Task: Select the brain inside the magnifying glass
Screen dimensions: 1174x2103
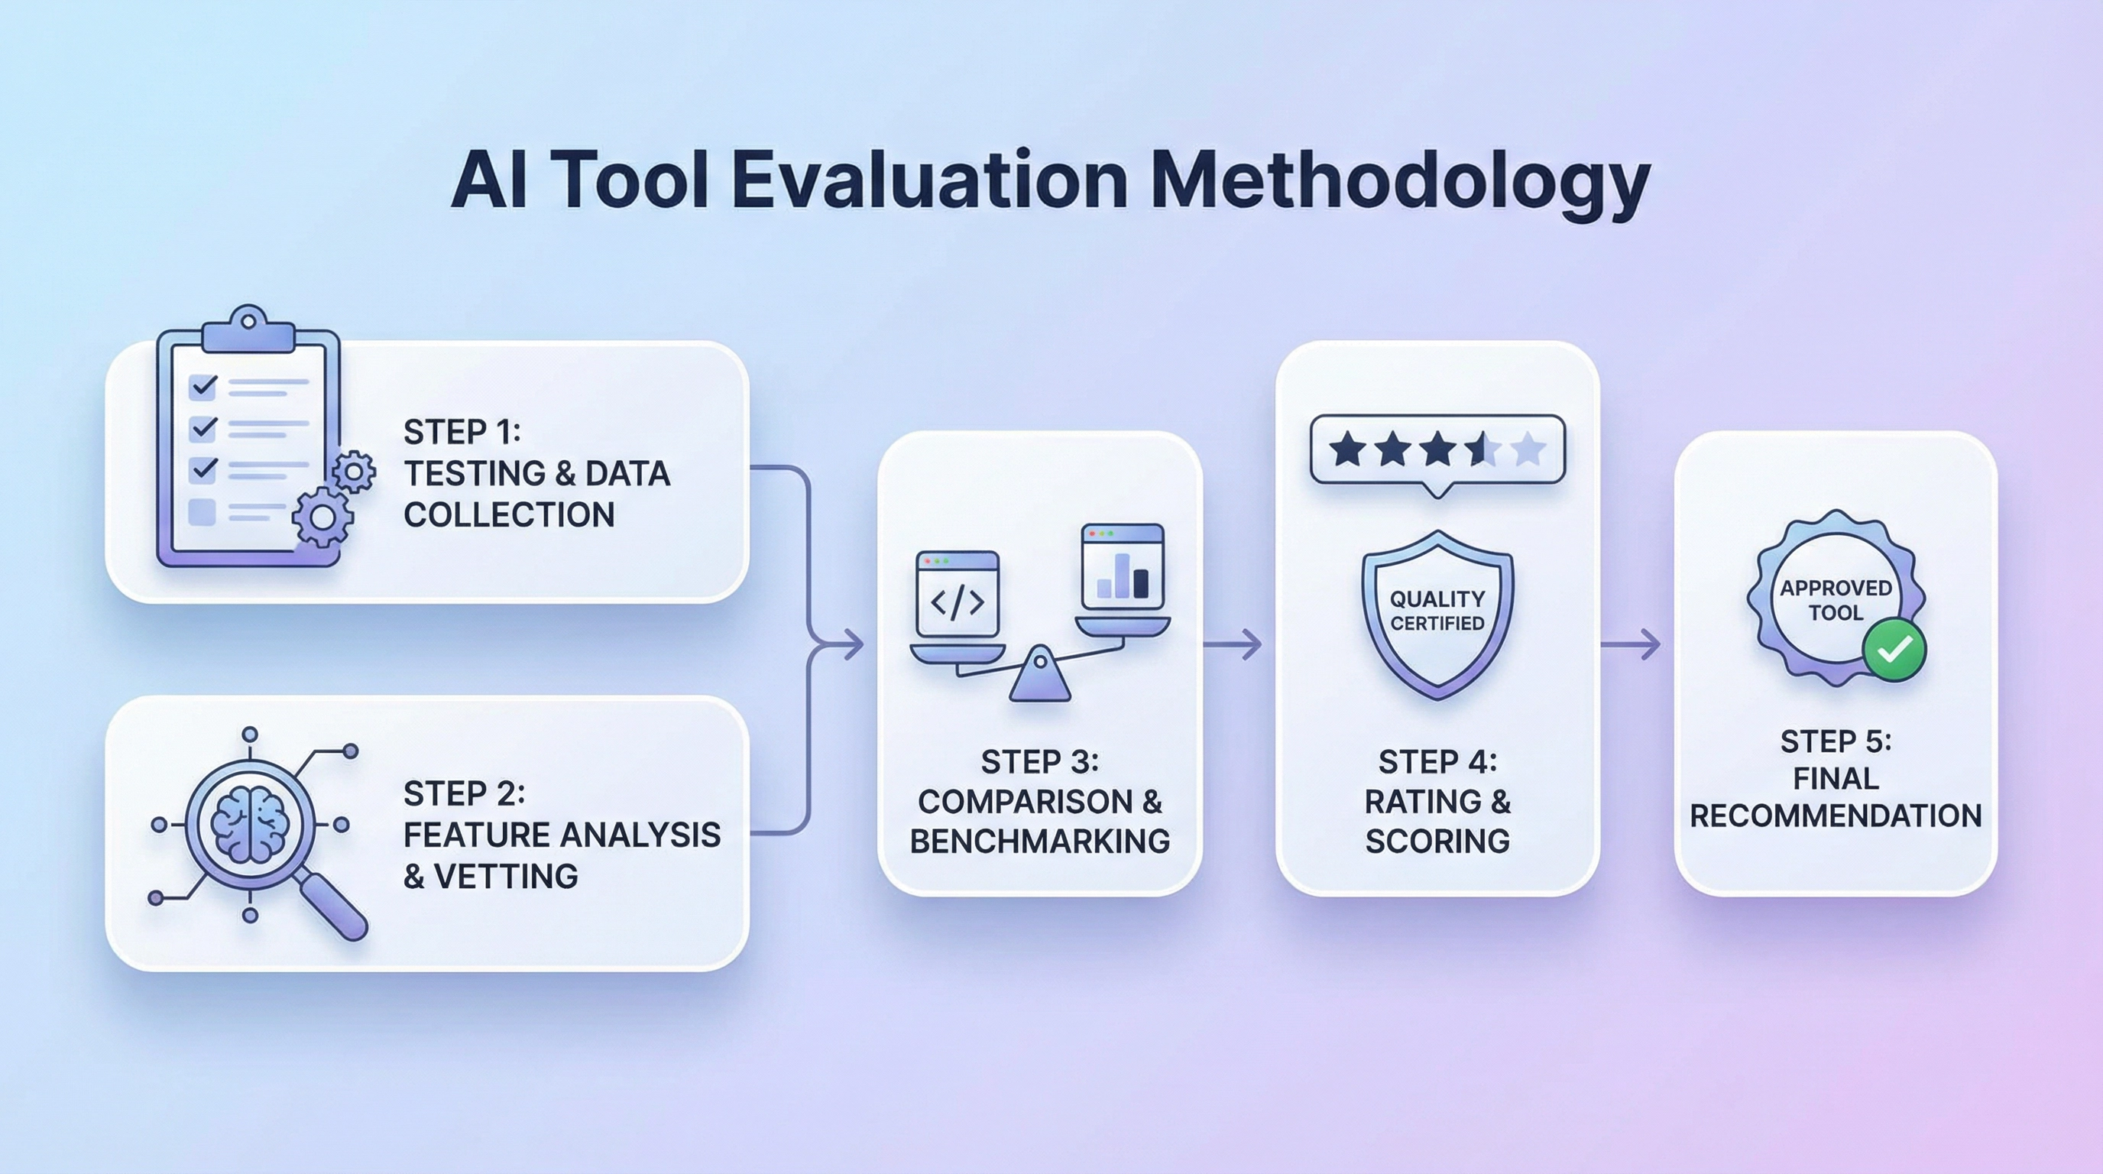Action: pos(250,824)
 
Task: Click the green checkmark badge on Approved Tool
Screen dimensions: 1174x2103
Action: pos(1895,650)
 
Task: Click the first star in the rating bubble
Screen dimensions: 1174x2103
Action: pos(1346,449)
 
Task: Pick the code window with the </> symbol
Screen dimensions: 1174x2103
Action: pos(958,594)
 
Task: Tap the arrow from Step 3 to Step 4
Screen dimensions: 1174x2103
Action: pos(1233,644)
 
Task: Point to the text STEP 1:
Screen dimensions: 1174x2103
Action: pos(462,432)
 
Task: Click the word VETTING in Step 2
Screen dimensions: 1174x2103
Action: pos(506,876)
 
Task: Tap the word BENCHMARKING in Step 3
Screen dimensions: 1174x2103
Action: pos(1039,841)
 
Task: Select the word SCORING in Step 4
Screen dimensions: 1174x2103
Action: pos(1437,841)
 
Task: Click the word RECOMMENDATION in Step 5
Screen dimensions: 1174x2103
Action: pos(1836,816)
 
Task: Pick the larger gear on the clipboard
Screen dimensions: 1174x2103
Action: pos(322,516)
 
